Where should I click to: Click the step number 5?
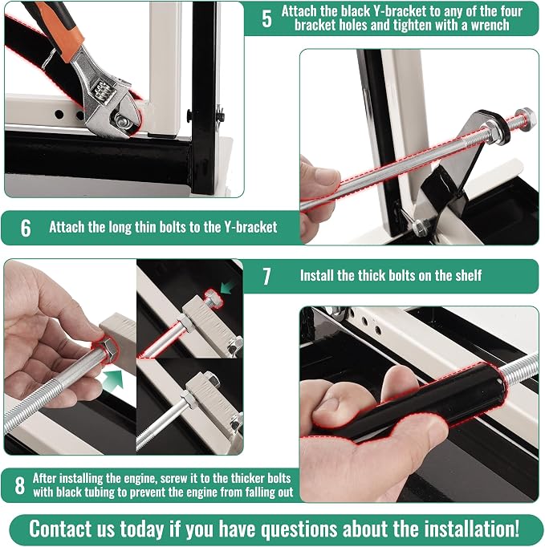pos(266,18)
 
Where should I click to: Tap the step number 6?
pos(26,228)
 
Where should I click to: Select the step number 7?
pos(266,276)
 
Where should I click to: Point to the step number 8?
pos(20,485)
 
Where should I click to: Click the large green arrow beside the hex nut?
pos(113,379)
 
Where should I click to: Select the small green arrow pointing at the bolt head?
pos(227,288)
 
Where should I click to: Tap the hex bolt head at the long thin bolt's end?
pos(525,117)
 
